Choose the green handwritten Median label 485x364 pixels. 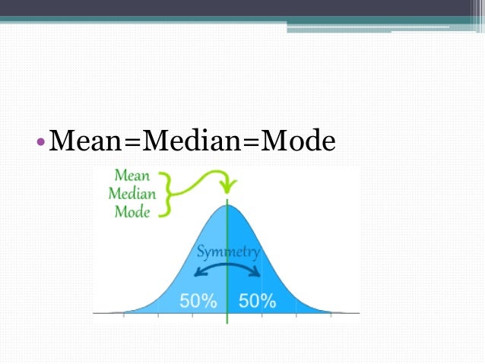point(132,194)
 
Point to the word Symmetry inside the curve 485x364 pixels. point(228,252)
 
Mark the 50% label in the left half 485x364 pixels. point(198,301)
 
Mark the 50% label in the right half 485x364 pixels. point(257,301)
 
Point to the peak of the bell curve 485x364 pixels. point(227,204)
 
